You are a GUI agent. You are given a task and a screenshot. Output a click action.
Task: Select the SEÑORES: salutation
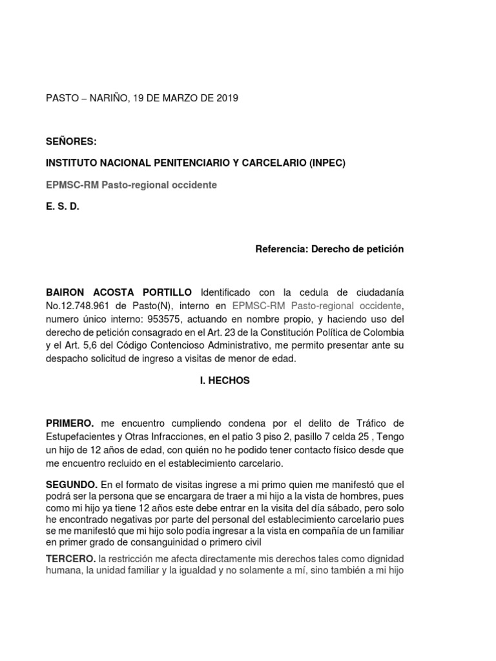click(70, 141)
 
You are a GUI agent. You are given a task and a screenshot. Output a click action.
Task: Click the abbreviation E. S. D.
click(62, 207)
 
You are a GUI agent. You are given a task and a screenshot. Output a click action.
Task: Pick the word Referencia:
click(280, 249)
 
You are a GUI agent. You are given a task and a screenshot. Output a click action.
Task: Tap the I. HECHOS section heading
click(225, 381)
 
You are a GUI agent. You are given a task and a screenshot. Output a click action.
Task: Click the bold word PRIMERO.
click(70, 423)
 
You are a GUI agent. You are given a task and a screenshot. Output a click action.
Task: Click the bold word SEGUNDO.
click(71, 484)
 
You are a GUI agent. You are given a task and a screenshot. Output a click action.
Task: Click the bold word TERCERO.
click(70, 558)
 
